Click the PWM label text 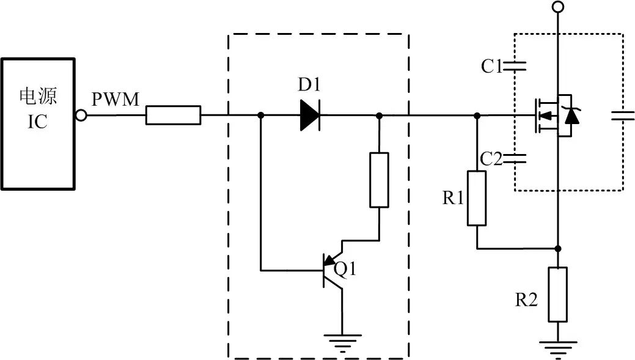tap(116, 99)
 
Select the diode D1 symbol tap(310, 115)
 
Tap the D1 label tap(310, 85)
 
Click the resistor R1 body tap(477, 199)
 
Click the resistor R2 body tap(557, 294)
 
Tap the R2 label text tap(526, 299)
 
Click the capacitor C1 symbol tap(514, 66)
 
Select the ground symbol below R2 tap(557, 350)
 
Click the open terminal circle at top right tap(557, 7)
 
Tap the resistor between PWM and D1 tap(173, 115)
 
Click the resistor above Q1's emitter tap(379, 180)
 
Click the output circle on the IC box tap(79, 115)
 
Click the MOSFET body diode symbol tap(571, 115)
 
